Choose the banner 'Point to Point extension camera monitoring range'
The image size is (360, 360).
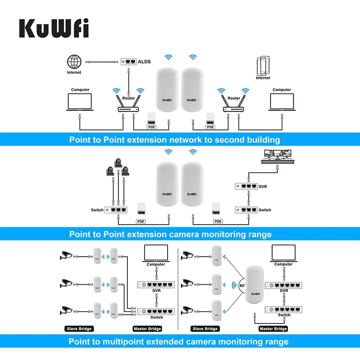170,234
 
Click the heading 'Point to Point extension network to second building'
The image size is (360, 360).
175,140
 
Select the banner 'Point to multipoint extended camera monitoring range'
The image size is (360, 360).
178,341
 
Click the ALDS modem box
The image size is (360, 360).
129,62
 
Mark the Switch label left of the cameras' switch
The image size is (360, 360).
97,210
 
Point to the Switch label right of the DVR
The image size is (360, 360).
265,210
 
